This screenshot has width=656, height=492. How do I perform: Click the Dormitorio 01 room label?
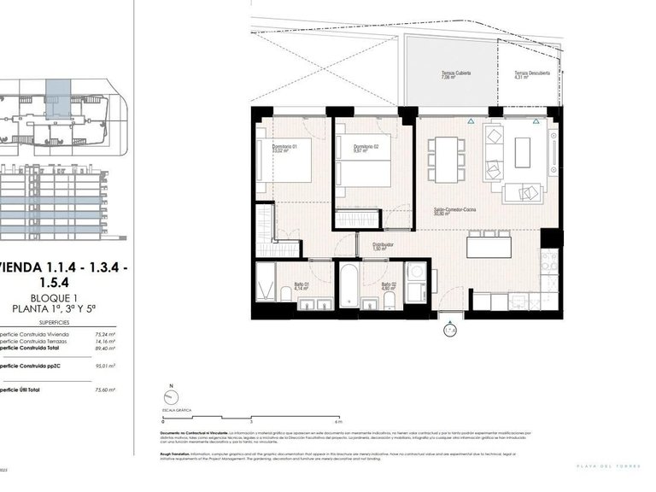tap(284, 148)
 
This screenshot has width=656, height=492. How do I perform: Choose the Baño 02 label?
tap(389, 286)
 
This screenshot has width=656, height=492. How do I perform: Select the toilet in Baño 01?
tap(285, 294)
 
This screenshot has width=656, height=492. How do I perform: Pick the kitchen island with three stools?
tap(489, 247)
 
